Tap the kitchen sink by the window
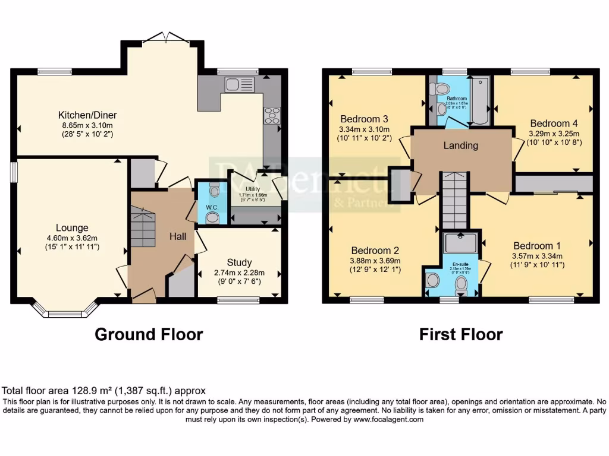pos(239,85)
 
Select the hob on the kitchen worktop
pos(272,115)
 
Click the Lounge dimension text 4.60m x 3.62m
pos(72,237)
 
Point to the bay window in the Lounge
pos(64,310)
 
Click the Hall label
pos(178,236)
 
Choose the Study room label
pos(239,262)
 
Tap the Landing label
pos(461,145)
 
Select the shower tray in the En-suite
pos(460,242)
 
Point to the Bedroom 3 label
pos(364,118)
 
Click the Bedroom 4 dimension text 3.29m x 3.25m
pos(554,134)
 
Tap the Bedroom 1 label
pos(537,246)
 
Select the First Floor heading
pos(460,334)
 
